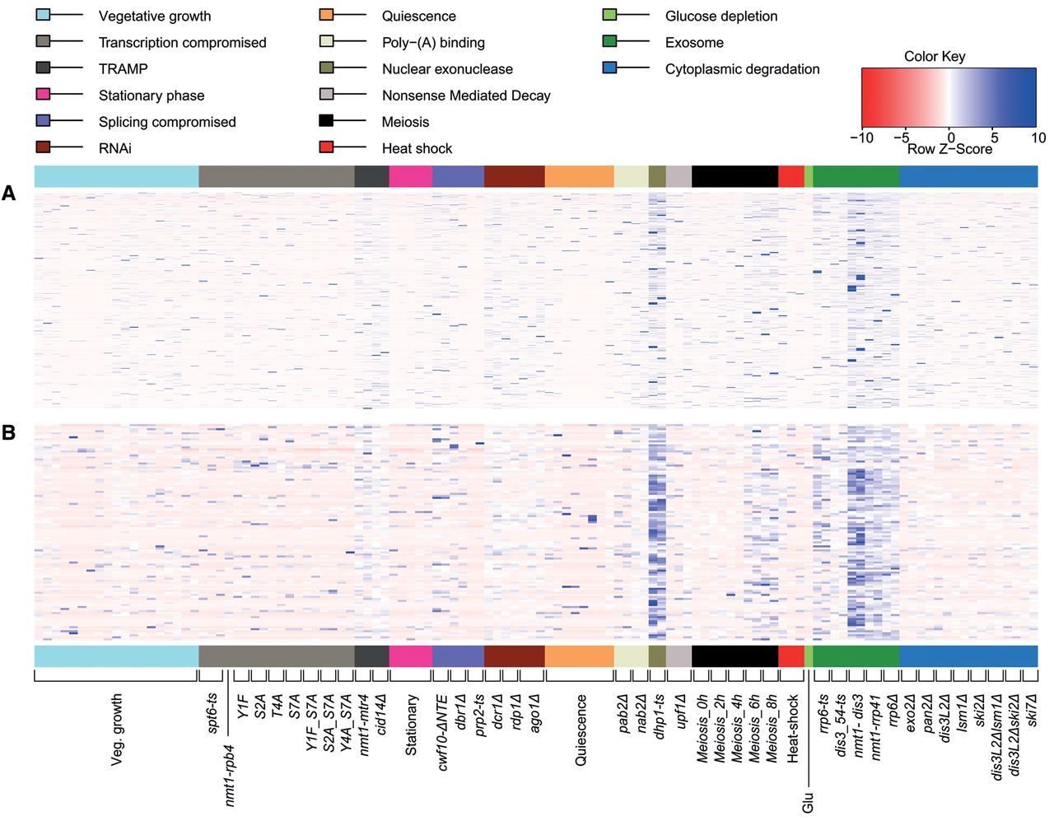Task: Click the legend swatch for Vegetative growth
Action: [44, 15]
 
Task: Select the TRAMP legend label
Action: [123, 69]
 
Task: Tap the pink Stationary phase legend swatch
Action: [44, 94]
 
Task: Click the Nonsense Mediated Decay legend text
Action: [466, 96]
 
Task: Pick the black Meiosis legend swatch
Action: [326, 120]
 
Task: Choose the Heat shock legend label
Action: [417, 148]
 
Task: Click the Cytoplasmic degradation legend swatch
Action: [610, 68]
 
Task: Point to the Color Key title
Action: [935, 56]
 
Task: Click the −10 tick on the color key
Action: [861, 138]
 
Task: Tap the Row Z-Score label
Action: [949, 149]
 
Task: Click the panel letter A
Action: [9, 194]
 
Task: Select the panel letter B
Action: [9, 431]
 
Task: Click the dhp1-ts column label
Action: [659, 716]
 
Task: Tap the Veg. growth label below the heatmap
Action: [117, 730]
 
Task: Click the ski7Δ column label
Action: [1032, 711]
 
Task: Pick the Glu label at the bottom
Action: [808, 801]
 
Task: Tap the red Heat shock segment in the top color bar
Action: [790, 176]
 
